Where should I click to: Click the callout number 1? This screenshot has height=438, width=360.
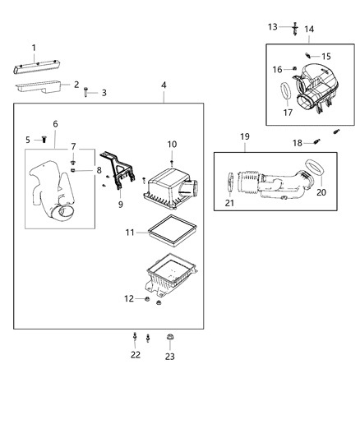[34, 48]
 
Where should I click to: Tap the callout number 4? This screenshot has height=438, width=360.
[164, 85]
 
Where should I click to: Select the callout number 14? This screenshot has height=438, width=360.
[309, 30]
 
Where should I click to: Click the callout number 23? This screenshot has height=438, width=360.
[170, 357]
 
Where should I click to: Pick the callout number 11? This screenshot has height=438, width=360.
[129, 233]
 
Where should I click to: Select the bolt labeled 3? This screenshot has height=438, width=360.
[86, 92]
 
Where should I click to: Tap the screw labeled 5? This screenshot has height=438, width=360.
[44, 141]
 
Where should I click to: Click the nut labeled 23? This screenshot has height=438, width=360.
[170, 338]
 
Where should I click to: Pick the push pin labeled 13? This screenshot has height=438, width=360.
[293, 28]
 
